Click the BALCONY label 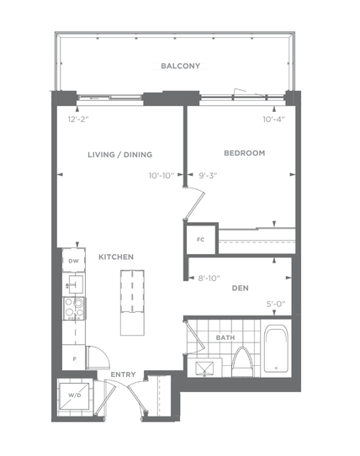pos(180,66)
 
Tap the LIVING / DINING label pos(119,155)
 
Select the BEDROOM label pos(244,153)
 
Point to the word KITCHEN pos(116,257)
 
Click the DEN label pos(241,288)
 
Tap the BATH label pos(225,337)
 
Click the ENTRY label pos(123,374)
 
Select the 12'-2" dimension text pos(78,119)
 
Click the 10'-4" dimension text pos(273,119)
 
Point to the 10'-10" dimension pos(161,176)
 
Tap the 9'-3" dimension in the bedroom pos(208,176)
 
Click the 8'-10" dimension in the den pos(209,278)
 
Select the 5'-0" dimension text pos(276,305)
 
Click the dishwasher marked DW pos(73,260)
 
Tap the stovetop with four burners pos(74,308)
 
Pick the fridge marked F pos(74,358)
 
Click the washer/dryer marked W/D pos(75,395)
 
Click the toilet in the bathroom pos(242,362)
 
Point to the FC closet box pos(201,239)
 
